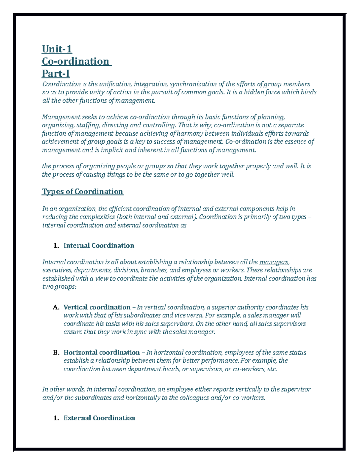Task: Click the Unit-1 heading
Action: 57,49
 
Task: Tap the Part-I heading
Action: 56,73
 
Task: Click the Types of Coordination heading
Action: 82,192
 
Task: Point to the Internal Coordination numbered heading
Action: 99,246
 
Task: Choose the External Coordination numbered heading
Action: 99,418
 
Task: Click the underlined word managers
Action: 274,262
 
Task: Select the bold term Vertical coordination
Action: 97,307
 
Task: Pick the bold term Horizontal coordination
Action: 101,352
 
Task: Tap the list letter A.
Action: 55,308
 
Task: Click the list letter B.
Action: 55,353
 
